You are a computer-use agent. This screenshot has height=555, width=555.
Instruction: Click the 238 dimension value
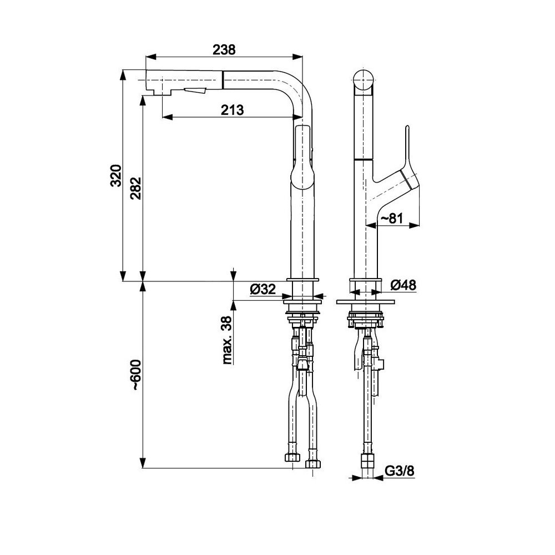pyautogui.click(x=224, y=49)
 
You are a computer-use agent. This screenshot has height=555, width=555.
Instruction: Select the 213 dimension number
pyautogui.click(x=233, y=110)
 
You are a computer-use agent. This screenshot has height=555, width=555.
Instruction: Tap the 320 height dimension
pyautogui.click(x=116, y=175)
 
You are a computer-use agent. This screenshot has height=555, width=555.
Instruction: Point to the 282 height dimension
pyautogui.click(x=136, y=188)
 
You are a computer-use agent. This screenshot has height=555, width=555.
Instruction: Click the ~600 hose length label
pyautogui.click(x=136, y=375)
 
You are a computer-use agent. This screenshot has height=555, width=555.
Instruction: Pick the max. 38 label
pyautogui.click(x=227, y=340)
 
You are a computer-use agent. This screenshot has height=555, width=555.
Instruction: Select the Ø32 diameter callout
pyautogui.click(x=263, y=289)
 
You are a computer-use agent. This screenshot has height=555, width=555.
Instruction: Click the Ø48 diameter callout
pyautogui.click(x=403, y=285)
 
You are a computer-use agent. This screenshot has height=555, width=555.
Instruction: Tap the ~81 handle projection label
pyautogui.click(x=391, y=218)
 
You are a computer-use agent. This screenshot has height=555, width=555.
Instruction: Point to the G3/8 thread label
pyautogui.click(x=399, y=471)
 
